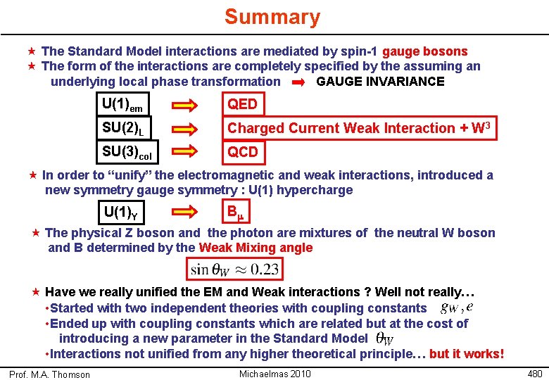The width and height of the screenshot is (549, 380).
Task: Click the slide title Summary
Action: pos(272,17)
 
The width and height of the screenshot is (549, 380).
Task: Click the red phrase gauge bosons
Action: pos(425,51)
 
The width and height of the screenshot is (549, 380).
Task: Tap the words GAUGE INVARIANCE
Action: pos(380,82)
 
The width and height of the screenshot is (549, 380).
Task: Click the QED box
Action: pos(242,105)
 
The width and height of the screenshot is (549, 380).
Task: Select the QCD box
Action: pos(243,152)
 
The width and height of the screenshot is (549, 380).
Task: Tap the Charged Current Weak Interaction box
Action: pos(358,128)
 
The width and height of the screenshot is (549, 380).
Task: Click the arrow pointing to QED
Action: pos(187,106)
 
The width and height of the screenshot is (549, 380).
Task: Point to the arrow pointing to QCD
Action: pos(187,152)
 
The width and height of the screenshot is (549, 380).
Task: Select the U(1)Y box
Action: pos(126,212)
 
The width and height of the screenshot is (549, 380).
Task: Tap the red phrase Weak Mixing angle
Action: pos(255,248)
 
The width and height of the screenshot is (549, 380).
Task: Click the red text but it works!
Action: pos(467,353)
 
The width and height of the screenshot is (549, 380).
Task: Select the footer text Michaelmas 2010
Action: pos(275,373)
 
